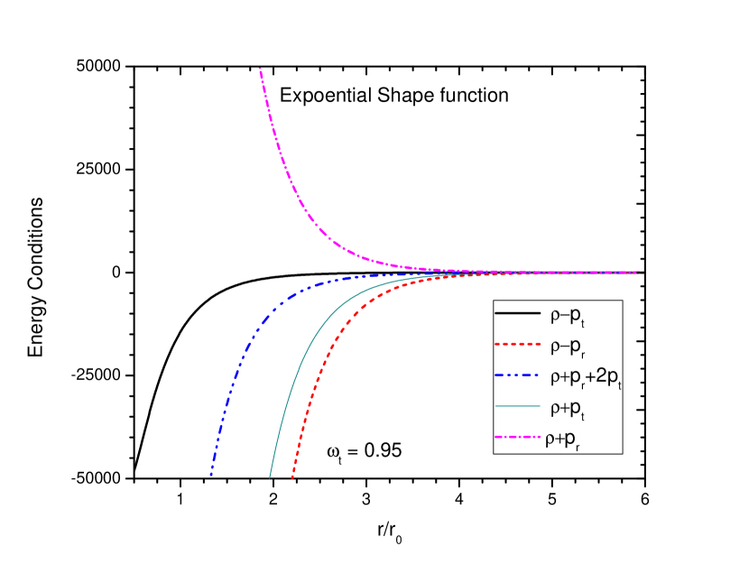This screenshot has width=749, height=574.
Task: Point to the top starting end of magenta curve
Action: tap(260, 69)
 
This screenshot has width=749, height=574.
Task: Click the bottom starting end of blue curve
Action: tap(211, 475)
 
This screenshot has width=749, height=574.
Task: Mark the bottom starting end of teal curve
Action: tap(270, 477)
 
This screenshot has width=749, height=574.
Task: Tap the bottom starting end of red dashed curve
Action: tap(292, 477)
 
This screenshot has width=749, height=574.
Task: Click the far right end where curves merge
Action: tap(642, 272)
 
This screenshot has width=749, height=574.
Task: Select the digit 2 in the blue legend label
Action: tap(602, 379)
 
